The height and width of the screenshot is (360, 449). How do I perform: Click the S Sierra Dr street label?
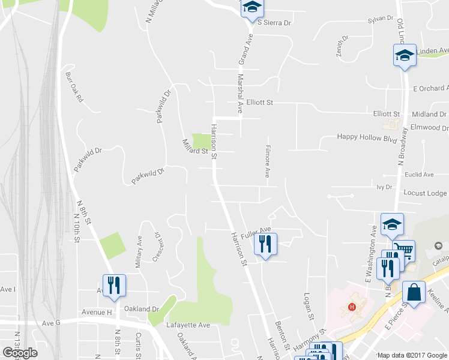click(x=274, y=22)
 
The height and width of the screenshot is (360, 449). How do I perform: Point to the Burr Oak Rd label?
click(x=74, y=88)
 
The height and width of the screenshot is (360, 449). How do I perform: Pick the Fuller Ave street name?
click(x=255, y=229)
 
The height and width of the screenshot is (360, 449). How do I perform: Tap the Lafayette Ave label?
click(x=188, y=325)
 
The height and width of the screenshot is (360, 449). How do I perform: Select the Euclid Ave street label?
click(x=420, y=175)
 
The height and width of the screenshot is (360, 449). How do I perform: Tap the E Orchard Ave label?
click(x=430, y=89)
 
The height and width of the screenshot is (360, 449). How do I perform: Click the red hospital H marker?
click(x=352, y=308)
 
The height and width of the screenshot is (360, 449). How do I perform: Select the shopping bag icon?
click(x=413, y=293)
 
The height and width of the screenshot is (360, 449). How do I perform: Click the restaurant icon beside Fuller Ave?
click(x=265, y=244)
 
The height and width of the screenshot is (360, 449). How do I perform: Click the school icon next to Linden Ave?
click(x=405, y=56)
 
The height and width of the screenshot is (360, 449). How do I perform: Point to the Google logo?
click(x=20, y=353)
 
